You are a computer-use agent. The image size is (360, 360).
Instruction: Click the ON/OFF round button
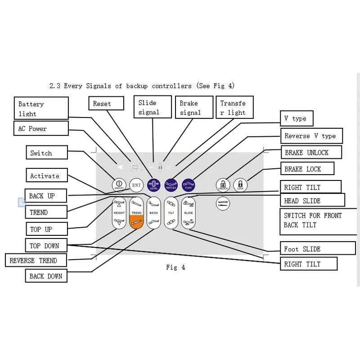click(x=119, y=185)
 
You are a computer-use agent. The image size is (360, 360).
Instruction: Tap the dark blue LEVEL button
click(x=154, y=185)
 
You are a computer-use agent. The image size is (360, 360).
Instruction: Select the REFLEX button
click(x=171, y=185)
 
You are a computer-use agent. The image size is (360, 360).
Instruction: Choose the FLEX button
click(x=189, y=185)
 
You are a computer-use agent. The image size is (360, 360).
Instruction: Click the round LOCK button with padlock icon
click(x=240, y=185)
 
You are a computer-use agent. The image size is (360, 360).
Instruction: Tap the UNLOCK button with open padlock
click(x=223, y=185)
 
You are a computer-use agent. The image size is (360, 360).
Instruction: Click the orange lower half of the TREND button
click(x=136, y=222)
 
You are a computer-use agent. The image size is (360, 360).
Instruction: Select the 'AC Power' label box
click(x=41, y=129)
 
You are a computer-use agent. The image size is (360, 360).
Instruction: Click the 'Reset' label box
click(x=106, y=103)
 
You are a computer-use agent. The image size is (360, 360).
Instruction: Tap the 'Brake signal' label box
click(x=193, y=108)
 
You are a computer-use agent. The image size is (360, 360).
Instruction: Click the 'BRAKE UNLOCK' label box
click(x=311, y=153)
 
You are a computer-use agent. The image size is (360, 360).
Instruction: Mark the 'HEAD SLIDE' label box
click(x=312, y=200)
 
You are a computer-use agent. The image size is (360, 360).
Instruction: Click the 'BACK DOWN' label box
click(x=46, y=276)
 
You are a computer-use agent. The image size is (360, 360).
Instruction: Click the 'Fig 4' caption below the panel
click(x=175, y=267)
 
